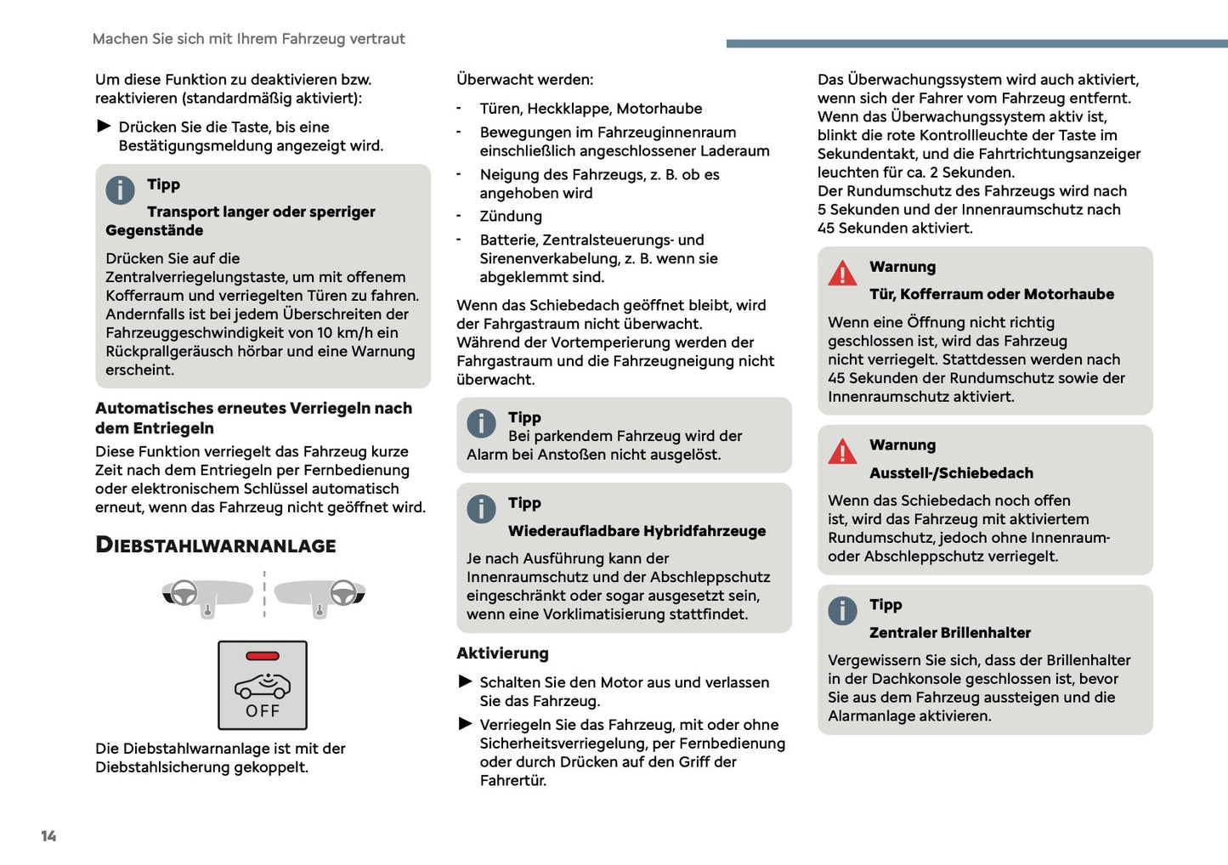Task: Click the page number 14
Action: coord(48,836)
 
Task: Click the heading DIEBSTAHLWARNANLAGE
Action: coord(216,545)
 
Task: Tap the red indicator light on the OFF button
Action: coord(263,656)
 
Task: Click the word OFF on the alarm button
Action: coord(263,711)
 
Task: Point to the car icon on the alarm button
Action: coord(263,685)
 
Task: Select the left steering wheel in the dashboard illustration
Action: coord(184,592)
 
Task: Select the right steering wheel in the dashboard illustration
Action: coord(343,591)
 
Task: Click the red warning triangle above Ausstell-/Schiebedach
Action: coord(842,451)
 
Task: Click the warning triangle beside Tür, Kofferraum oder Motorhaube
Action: coord(842,273)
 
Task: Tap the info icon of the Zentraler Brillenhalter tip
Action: coord(842,611)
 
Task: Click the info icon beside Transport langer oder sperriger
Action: coord(120,190)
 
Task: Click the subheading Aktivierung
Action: coord(502,653)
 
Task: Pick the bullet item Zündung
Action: coord(510,217)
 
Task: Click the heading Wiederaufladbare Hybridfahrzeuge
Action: coord(637,531)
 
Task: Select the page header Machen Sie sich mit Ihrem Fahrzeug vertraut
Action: coord(248,39)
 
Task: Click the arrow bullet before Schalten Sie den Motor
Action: coord(465,681)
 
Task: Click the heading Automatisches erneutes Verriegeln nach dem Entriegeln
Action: coord(253,418)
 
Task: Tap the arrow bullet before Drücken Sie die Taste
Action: coord(104,127)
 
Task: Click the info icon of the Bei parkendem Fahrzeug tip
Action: coord(481,423)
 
